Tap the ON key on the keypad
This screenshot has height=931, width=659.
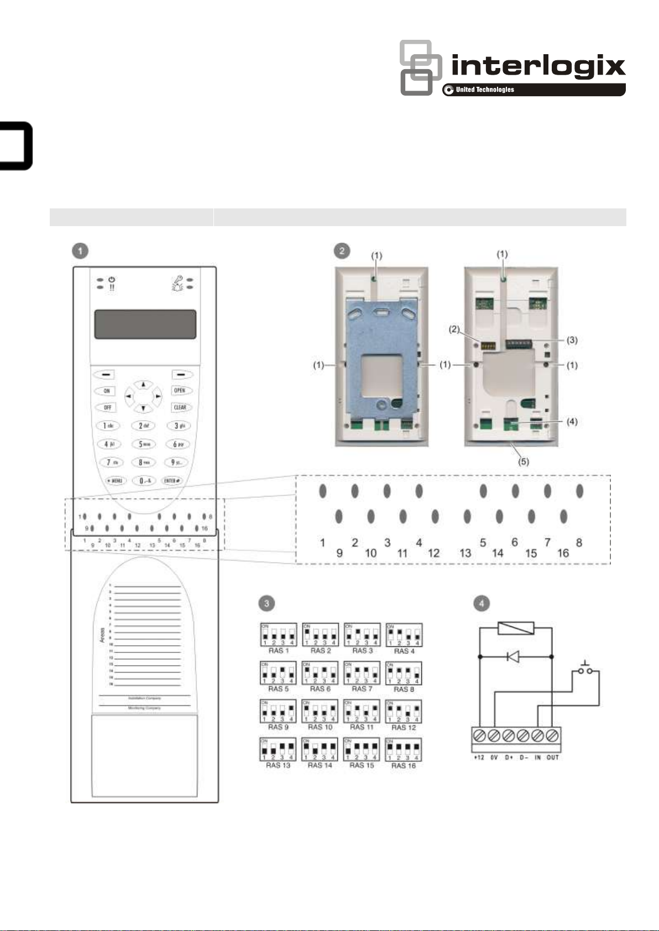pyautogui.click(x=107, y=391)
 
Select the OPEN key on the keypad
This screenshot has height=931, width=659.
pyautogui.click(x=179, y=390)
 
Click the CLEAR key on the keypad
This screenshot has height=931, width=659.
pyautogui.click(x=180, y=407)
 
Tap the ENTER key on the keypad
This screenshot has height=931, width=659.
pyautogui.click(x=172, y=481)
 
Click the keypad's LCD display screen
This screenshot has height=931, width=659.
pyautogui.click(x=145, y=324)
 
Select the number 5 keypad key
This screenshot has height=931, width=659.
pyautogui.click(x=143, y=444)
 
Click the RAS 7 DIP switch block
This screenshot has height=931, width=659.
pyautogui.click(x=362, y=673)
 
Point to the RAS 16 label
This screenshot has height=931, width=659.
pyautogui.click(x=403, y=766)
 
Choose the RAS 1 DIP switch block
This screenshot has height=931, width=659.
pyautogui.click(x=278, y=634)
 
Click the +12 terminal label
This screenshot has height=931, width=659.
pyautogui.click(x=479, y=757)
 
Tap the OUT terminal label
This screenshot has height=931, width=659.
pyautogui.click(x=553, y=757)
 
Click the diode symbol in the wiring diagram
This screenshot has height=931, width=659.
pyautogui.click(x=512, y=657)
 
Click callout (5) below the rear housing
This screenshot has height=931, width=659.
pyautogui.click(x=523, y=462)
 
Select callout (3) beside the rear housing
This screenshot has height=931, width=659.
pyautogui.click(x=572, y=339)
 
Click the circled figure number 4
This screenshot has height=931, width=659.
pyautogui.click(x=482, y=603)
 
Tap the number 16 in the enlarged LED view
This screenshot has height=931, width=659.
pyautogui.click(x=563, y=553)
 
